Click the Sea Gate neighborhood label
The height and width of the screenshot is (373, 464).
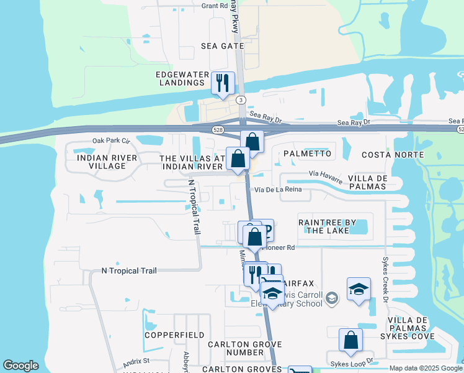pos(222,46)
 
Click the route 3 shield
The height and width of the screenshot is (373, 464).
pos(241,100)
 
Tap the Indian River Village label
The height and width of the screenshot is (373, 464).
pos(107,162)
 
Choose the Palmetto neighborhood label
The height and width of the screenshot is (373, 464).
pos(307,153)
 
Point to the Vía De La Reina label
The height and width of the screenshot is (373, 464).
pos(278,190)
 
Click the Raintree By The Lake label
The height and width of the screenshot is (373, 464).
pos(328,226)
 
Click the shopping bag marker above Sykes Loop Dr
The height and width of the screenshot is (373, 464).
pos(350,340)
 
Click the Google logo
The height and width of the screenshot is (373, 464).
pos(20,366)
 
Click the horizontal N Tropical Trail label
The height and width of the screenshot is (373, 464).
pos(129,270)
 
